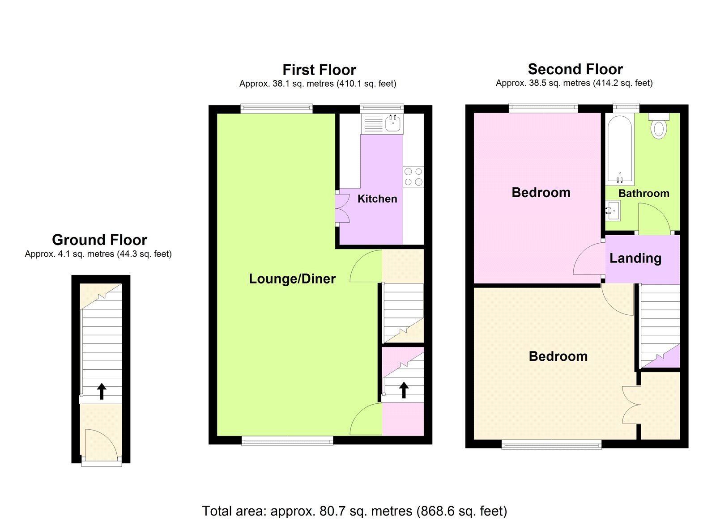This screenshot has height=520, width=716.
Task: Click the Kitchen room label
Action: (377, 199)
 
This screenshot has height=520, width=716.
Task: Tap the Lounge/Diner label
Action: (292, 279)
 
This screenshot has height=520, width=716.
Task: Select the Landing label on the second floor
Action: (635, 258)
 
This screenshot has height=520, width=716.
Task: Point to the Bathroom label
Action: (644, 194)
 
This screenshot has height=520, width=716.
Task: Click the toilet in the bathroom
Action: (659, 127)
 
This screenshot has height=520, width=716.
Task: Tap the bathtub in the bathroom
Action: (620, 150)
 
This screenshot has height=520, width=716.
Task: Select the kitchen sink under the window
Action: (393, 123)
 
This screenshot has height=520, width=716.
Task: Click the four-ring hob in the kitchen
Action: (413, 176)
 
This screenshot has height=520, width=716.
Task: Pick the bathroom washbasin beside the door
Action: (613, 211)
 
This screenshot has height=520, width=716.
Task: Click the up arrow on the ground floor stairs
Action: (102, 391)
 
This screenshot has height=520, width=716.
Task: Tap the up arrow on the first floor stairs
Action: (404, 390)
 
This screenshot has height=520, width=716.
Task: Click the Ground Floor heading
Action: (99, 240)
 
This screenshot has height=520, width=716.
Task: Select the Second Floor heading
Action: (575, 69)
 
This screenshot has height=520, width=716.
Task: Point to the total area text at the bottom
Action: (354, 511)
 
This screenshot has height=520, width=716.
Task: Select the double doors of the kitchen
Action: (343, 208)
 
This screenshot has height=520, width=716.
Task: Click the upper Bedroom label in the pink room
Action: (541, 193)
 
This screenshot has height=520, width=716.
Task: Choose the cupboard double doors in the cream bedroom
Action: (631, 405)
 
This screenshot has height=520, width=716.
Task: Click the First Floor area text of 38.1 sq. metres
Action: (318, 84)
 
